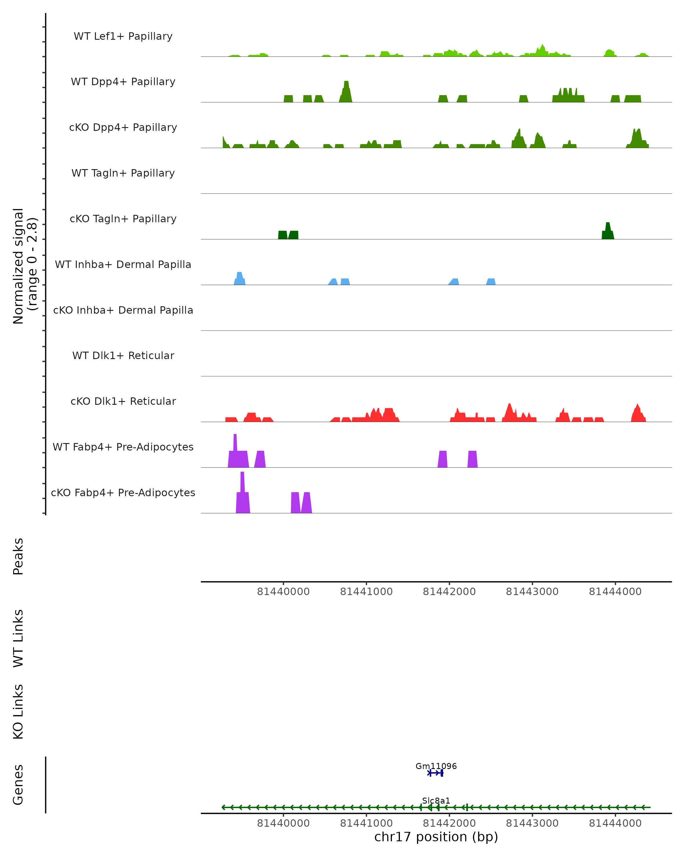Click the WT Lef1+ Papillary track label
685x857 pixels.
click(123, 36)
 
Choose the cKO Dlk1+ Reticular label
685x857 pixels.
click(123, 401)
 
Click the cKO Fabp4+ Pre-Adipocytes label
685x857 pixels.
click(123, 492)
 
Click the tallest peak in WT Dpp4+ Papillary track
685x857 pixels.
click(346, 89)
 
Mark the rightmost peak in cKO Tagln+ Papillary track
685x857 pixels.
click(608, 231)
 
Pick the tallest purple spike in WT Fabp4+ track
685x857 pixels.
click(235, 445)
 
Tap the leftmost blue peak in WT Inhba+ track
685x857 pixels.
click(239, 278)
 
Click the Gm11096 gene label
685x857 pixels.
click(436, 766)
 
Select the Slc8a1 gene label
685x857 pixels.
click(436, 800)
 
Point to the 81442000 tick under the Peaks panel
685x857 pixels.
click(449, 592)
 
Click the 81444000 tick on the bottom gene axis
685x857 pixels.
click(615, 823)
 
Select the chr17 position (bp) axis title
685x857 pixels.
click(436, 837)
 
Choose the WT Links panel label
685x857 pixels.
click(18, 638)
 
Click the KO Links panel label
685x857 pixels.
click(18, 712)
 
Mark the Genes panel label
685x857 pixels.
click(18, 785)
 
